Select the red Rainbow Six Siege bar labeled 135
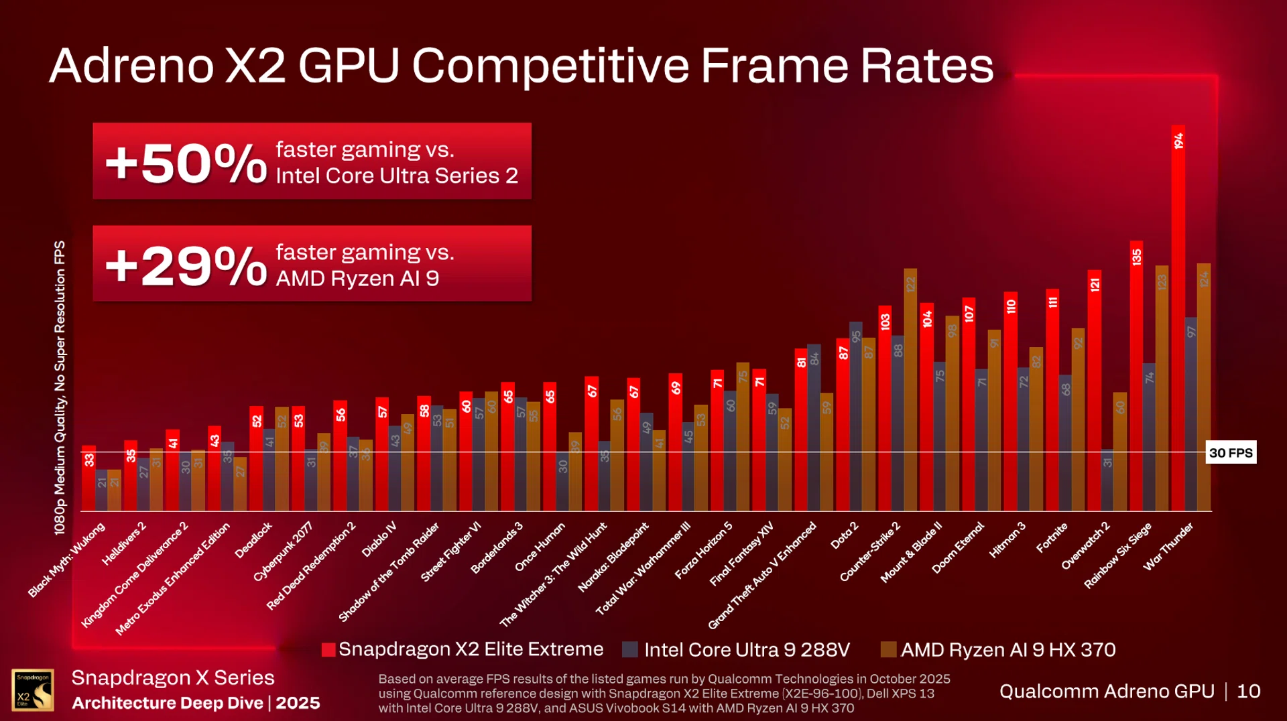tap(1136, 375)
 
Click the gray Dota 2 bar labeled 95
tap(855, 415)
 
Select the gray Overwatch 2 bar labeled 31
tap(1107, 480)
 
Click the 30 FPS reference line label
tap(1231, 453)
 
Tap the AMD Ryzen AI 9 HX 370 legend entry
tap(998, 649)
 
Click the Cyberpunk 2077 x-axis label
tap(283, 551)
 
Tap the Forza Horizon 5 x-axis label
tap(703, 550)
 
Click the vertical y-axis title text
tap(60, 387)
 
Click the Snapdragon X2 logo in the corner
tap(33, 690)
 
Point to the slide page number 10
tap(1248, 691)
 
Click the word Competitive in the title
tap(550, 66)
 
